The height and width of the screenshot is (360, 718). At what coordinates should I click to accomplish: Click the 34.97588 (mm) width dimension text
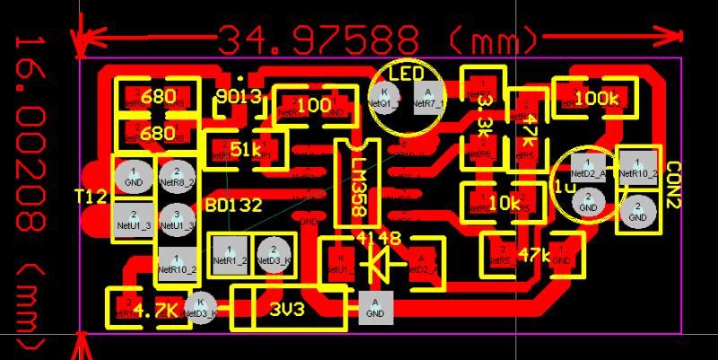(x=377, y=39)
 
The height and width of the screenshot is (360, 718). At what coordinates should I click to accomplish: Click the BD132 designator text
(x=233, y=205)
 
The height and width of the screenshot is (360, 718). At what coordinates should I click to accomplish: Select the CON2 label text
(x=674, y=184)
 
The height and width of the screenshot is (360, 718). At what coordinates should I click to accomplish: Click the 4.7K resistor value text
(x=159, y=311)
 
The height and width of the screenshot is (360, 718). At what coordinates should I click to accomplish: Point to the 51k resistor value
(x=245, y=149)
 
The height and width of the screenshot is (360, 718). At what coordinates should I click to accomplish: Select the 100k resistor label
(x=595, y=98)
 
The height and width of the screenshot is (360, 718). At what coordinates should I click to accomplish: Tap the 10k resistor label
(x=504, y=203)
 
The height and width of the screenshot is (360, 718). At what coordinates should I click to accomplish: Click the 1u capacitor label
(x=565, y=186)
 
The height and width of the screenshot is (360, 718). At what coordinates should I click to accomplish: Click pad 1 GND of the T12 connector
(x=134, y=177)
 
